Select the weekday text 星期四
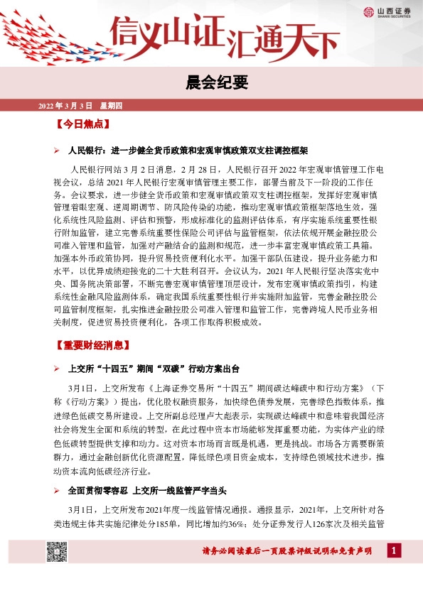click(112, 107)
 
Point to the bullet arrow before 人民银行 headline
click(58, 151)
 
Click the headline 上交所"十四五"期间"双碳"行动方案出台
click(154, 370)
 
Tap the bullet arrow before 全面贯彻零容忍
click(58, 490)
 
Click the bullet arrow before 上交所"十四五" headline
click(58, 370)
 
